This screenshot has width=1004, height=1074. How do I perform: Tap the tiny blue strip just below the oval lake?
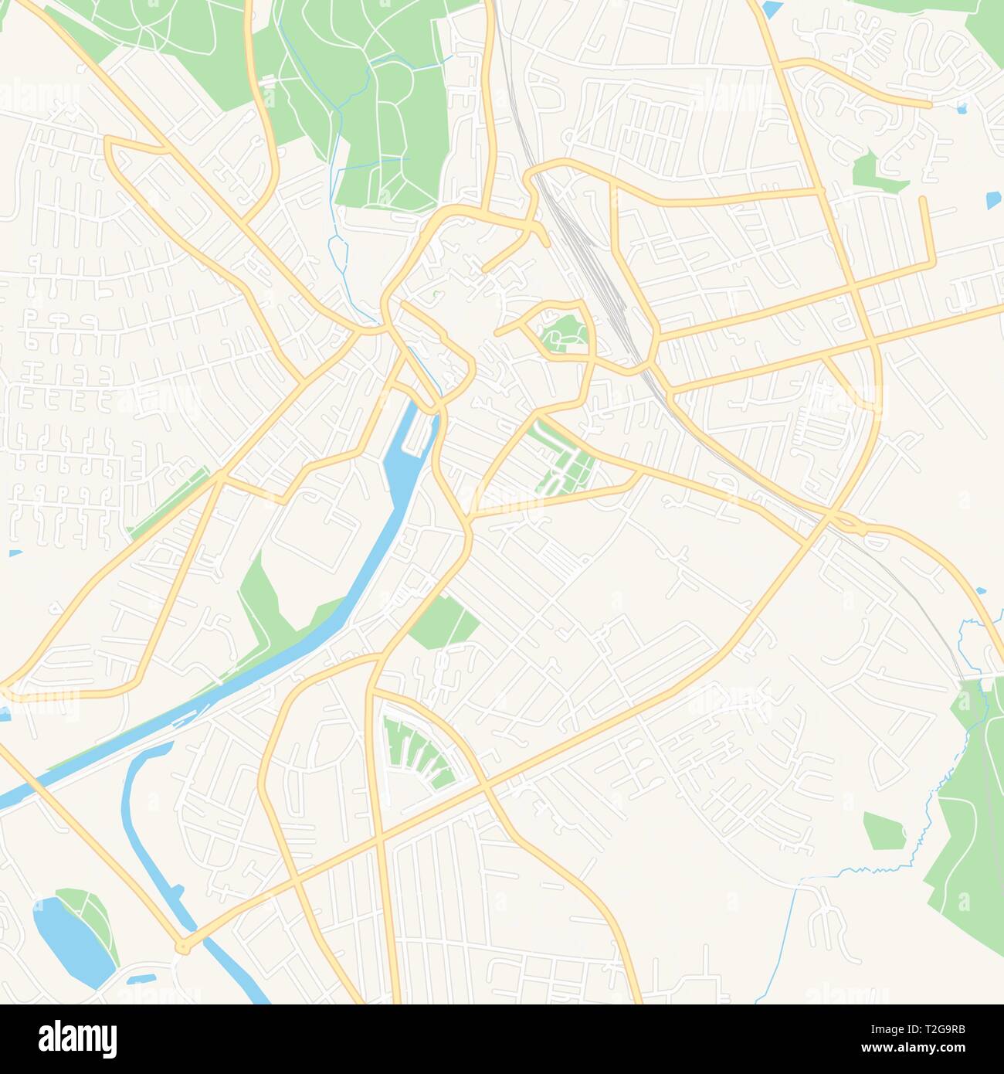[139, 980]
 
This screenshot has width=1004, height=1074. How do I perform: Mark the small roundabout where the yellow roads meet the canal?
[183, 946]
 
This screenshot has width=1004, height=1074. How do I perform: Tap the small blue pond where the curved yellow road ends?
[961, 109]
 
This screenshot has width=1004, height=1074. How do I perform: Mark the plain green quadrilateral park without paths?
[443, 623]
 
